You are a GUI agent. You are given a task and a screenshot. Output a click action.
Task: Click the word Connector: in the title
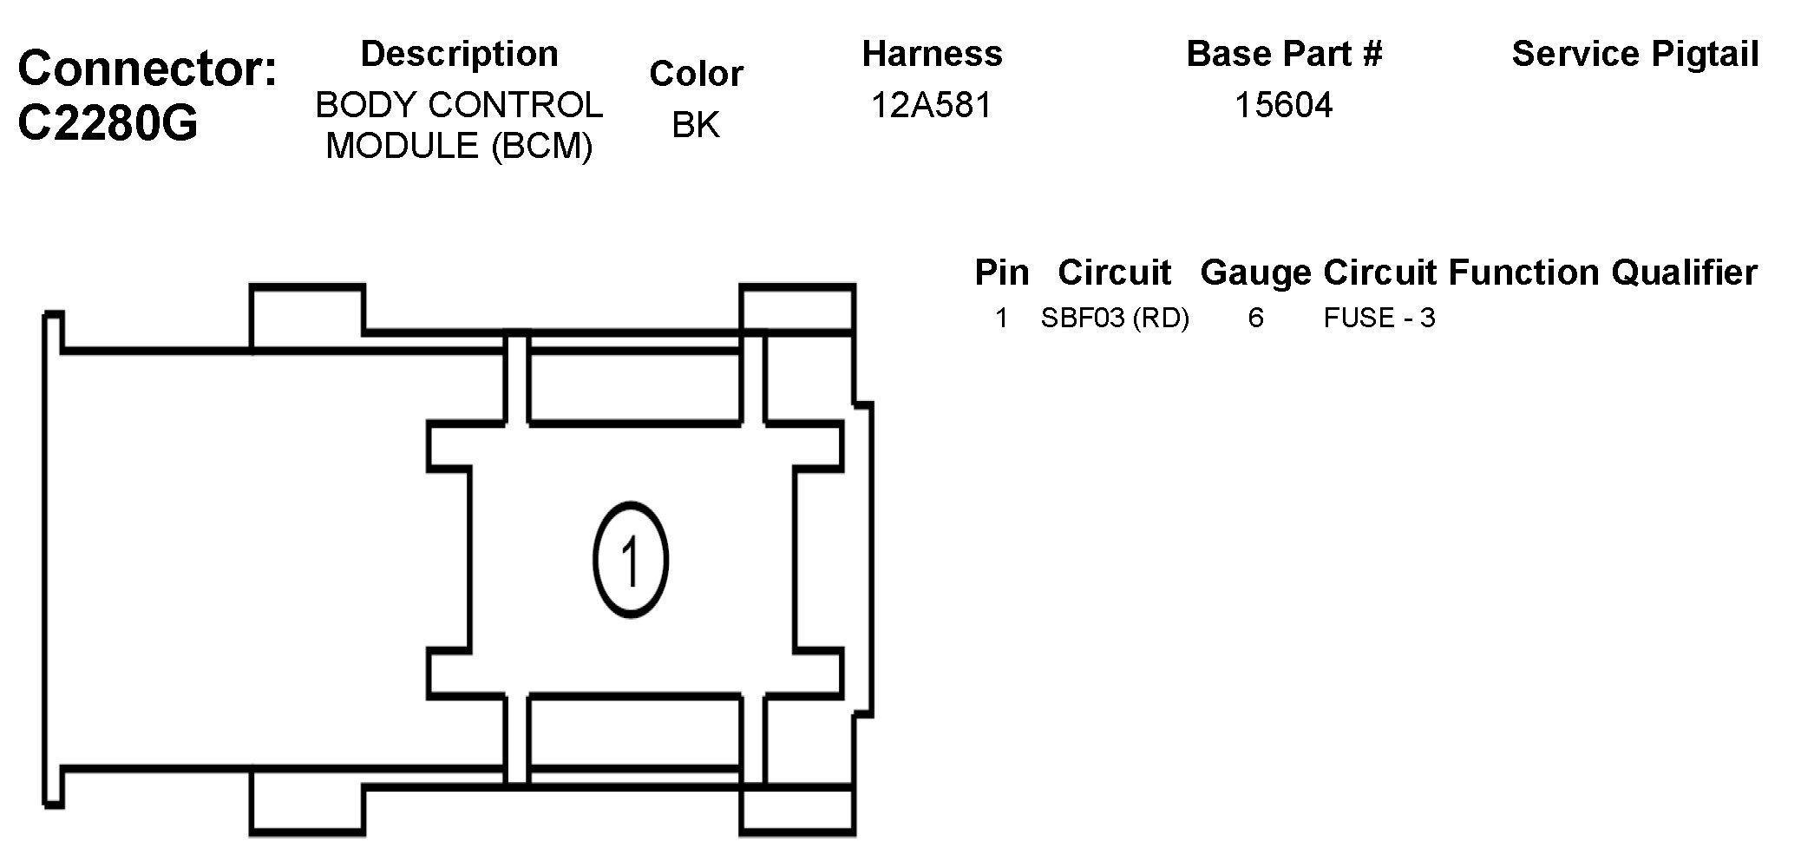[x=147, y=68]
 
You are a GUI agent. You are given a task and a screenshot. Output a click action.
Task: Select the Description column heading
[x=459, y=54]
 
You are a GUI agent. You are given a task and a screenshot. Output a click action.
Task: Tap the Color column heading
[x=696, y=74]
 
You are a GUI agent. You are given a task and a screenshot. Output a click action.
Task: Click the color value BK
[x=695, y=125]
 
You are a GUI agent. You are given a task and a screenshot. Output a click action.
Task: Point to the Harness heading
[x=932, y=54]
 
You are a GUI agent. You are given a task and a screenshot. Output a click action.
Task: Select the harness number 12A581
[x=931, y=105]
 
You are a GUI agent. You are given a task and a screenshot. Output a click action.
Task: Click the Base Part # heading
[x=1283, y=54]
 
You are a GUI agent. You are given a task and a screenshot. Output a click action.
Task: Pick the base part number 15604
[x=1283, y=105]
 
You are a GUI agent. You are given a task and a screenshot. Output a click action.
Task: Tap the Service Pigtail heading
[x=1634, y=54]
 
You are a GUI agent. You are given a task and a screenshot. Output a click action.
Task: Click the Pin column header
[x=1001, y=273]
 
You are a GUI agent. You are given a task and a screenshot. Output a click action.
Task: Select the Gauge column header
[x=1255, y=273]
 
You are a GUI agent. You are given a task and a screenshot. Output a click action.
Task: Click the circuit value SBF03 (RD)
[x=1114, y=319]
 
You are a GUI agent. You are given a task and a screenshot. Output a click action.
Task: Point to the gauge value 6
[x=1255, y=319]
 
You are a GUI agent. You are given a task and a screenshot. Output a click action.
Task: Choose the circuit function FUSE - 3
[x=1379, y=319]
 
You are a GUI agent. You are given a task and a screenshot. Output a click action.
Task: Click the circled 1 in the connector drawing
[x=631, y=560]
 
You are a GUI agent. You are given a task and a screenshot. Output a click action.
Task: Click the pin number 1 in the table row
[x=1001, y=319]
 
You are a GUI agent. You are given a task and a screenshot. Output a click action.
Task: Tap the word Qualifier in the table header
[x=1684, y=273]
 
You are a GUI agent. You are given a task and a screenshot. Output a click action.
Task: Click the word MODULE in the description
[x=402, y=145]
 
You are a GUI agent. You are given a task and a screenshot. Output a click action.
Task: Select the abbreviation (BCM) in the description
[x=541, y=146]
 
